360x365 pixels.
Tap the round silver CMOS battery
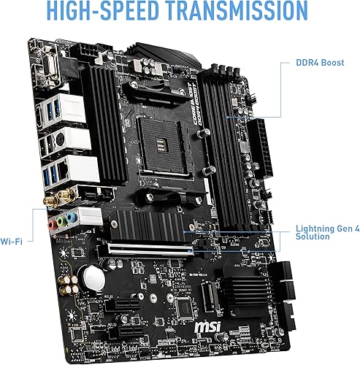(x=93, y=275)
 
